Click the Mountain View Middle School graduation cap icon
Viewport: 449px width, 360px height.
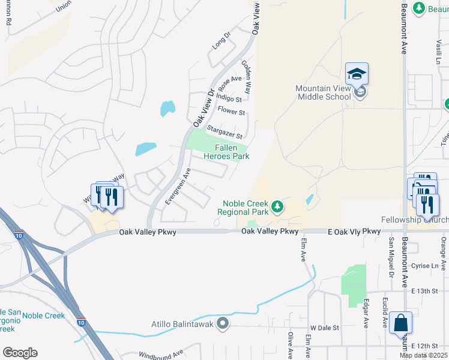pyautogui.click(x=357, y=74)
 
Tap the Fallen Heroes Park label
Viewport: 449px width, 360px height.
pyautogui.click(x=232, y=152)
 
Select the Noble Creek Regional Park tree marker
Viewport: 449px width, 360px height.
pyautogui.click(x=277, y=207)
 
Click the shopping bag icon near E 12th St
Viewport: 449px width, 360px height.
pyautogui.click(x=400, y=323)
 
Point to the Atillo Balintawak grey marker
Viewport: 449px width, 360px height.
pyautogui.click(x=223, y=324)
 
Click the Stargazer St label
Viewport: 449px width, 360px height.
pyautogui.click(x=224, y=132)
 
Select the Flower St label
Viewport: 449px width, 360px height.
pyautogui.click(x=231, y=112)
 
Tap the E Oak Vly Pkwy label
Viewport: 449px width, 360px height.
pyautogui.click(x=354, y=231)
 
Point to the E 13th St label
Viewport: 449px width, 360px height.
pyautogui.click(x=426, y=291)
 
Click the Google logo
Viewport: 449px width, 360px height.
pyautogui.click(x=20, y=352)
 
